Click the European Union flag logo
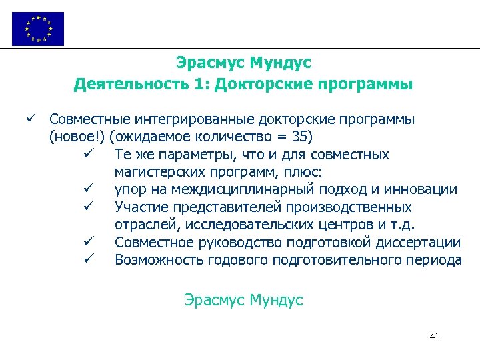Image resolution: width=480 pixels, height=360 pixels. pyautogui.click(x=38, y=29)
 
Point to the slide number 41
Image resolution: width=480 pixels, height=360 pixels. pyautogui.click(x=434, y=337)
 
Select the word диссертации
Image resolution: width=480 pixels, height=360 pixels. pyautogui.click(x=421, y=243)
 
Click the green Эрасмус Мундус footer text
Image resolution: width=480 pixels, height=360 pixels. pyautogui.click(x=243, y=300)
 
